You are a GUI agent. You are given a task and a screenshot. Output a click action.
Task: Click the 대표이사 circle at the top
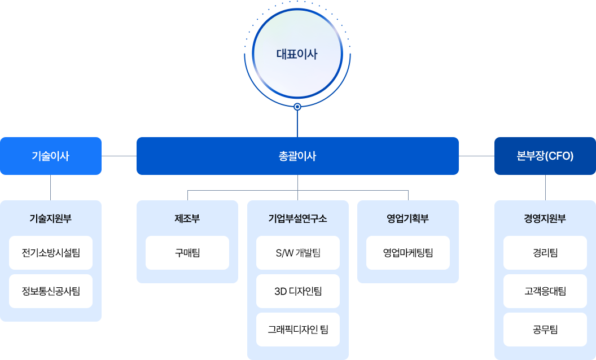click(297, 55)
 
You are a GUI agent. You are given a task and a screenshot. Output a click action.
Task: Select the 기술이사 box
click(51, 156)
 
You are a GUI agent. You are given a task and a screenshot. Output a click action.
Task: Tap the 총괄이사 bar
click(297, 156)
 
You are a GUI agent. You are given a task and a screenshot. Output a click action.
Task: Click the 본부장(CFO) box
click(545, 156)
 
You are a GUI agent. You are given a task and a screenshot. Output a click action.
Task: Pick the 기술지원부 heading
click(51, 218)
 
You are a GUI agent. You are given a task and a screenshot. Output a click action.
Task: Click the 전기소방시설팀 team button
click(51, 252)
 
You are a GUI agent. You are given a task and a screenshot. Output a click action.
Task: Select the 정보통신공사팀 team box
click(51, 291)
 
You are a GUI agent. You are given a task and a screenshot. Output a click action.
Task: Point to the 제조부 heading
click(187, 218)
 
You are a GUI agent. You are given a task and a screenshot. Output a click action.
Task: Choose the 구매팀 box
click(187, 252)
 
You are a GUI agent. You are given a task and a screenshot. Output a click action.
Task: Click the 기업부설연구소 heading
click(297, 218)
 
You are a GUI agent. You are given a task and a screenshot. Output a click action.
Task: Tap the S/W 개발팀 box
click(297, 252)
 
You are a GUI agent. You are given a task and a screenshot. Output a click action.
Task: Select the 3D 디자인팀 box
click(297, 291)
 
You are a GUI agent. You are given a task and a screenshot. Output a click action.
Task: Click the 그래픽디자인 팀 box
click(297, 330)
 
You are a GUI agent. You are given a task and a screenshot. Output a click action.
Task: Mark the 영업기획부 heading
click(407, 218)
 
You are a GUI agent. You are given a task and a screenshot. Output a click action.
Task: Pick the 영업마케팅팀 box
click(407, 252)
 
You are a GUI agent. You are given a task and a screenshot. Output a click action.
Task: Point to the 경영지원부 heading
click(545, 218)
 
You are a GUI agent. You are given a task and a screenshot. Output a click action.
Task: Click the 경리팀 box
click(545, 252)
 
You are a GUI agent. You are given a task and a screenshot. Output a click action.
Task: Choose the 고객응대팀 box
click(545, 291)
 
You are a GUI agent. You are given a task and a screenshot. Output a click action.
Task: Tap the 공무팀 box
click(545, 330)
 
